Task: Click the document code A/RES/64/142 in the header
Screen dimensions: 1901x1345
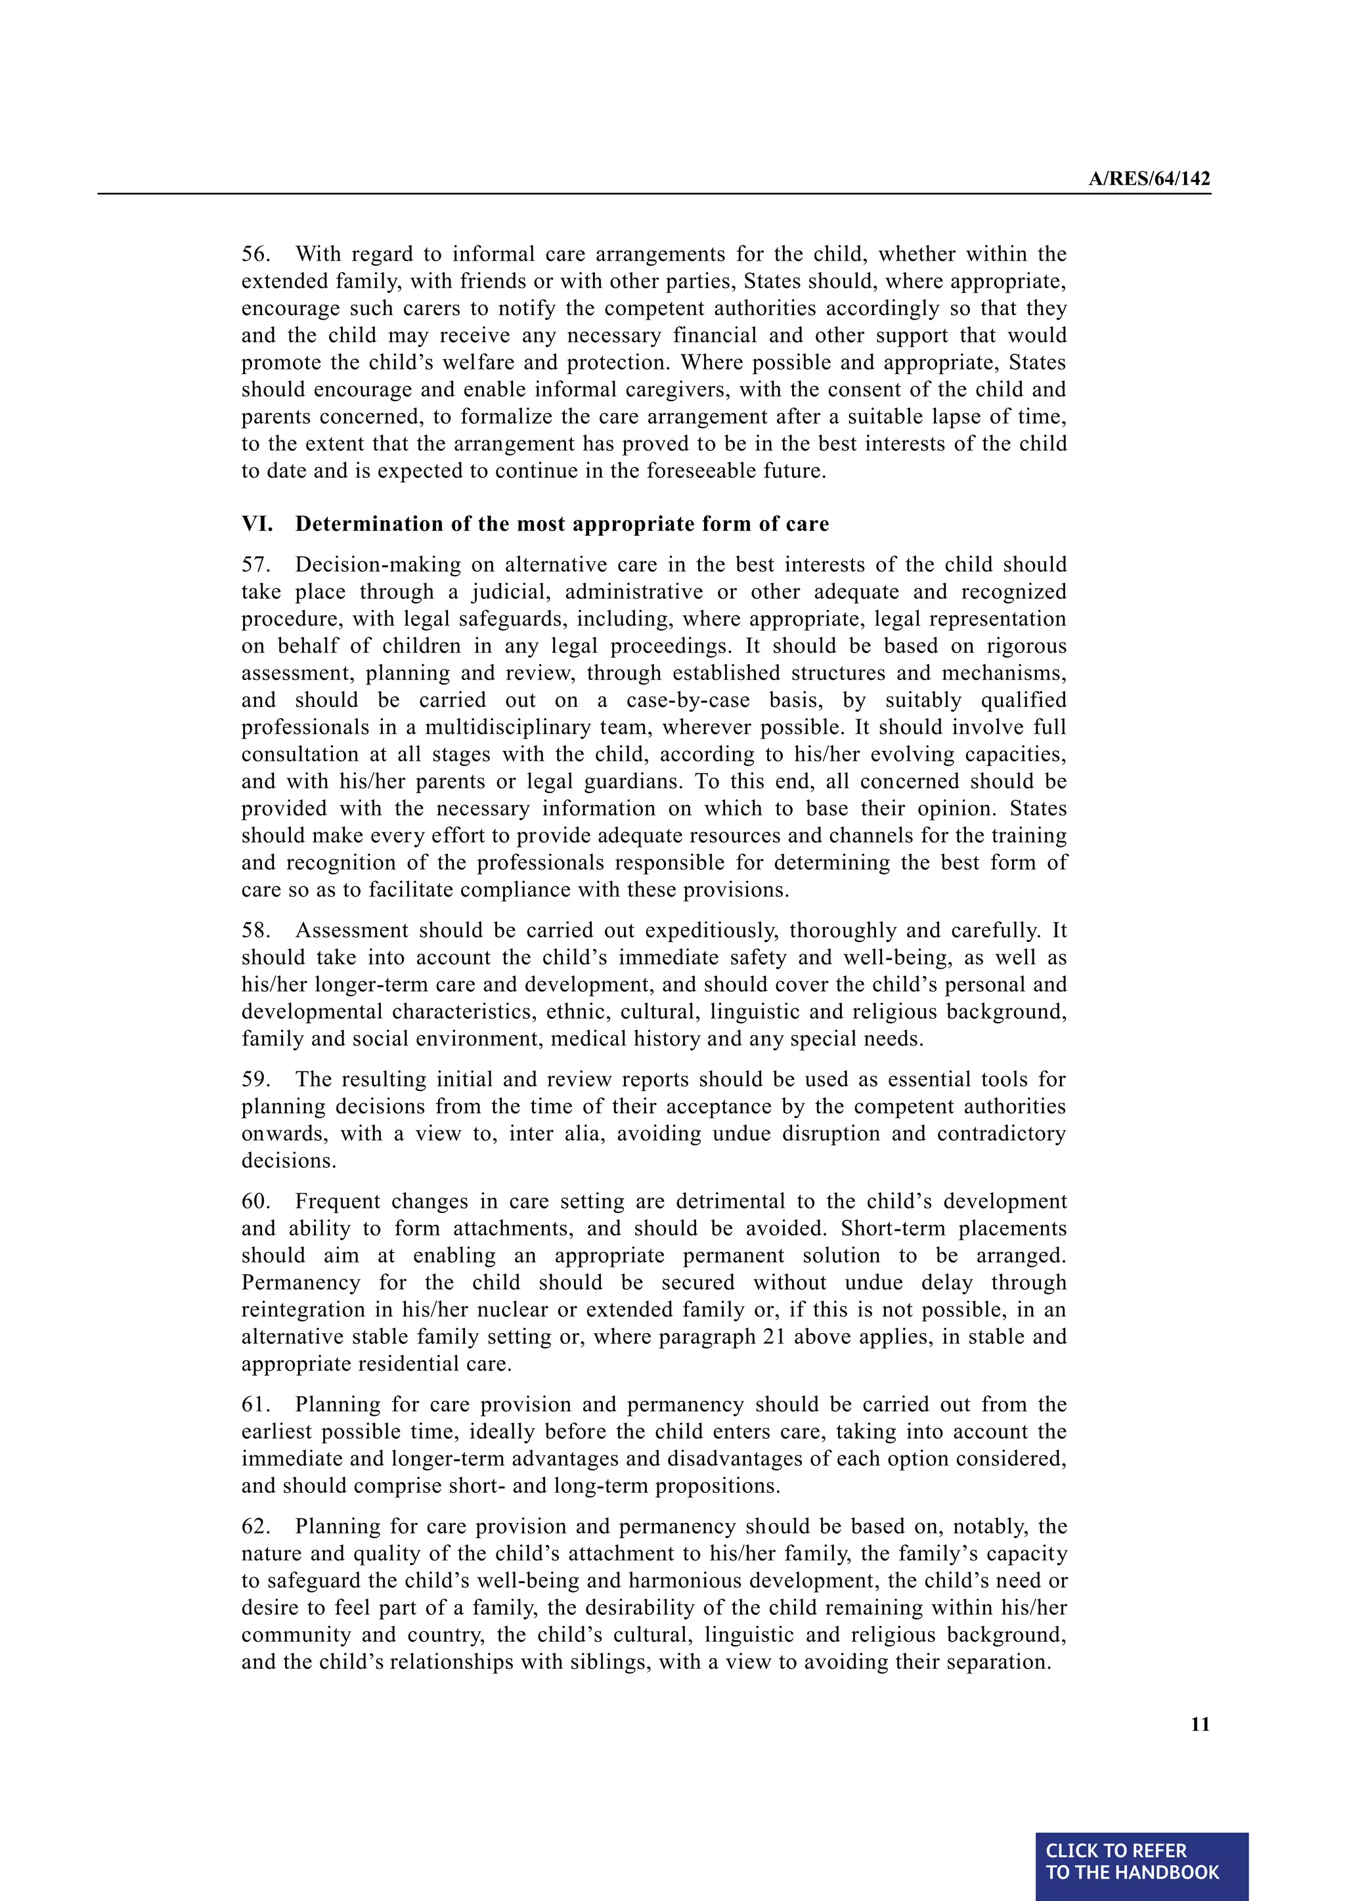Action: click(1149, 179)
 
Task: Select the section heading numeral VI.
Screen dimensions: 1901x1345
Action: click(257, 524)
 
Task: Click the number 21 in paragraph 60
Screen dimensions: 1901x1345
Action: click(774, 1336)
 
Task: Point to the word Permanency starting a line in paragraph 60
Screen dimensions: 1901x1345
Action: click(301, 1283)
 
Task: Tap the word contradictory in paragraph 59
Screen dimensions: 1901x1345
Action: click(1002, 1134)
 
